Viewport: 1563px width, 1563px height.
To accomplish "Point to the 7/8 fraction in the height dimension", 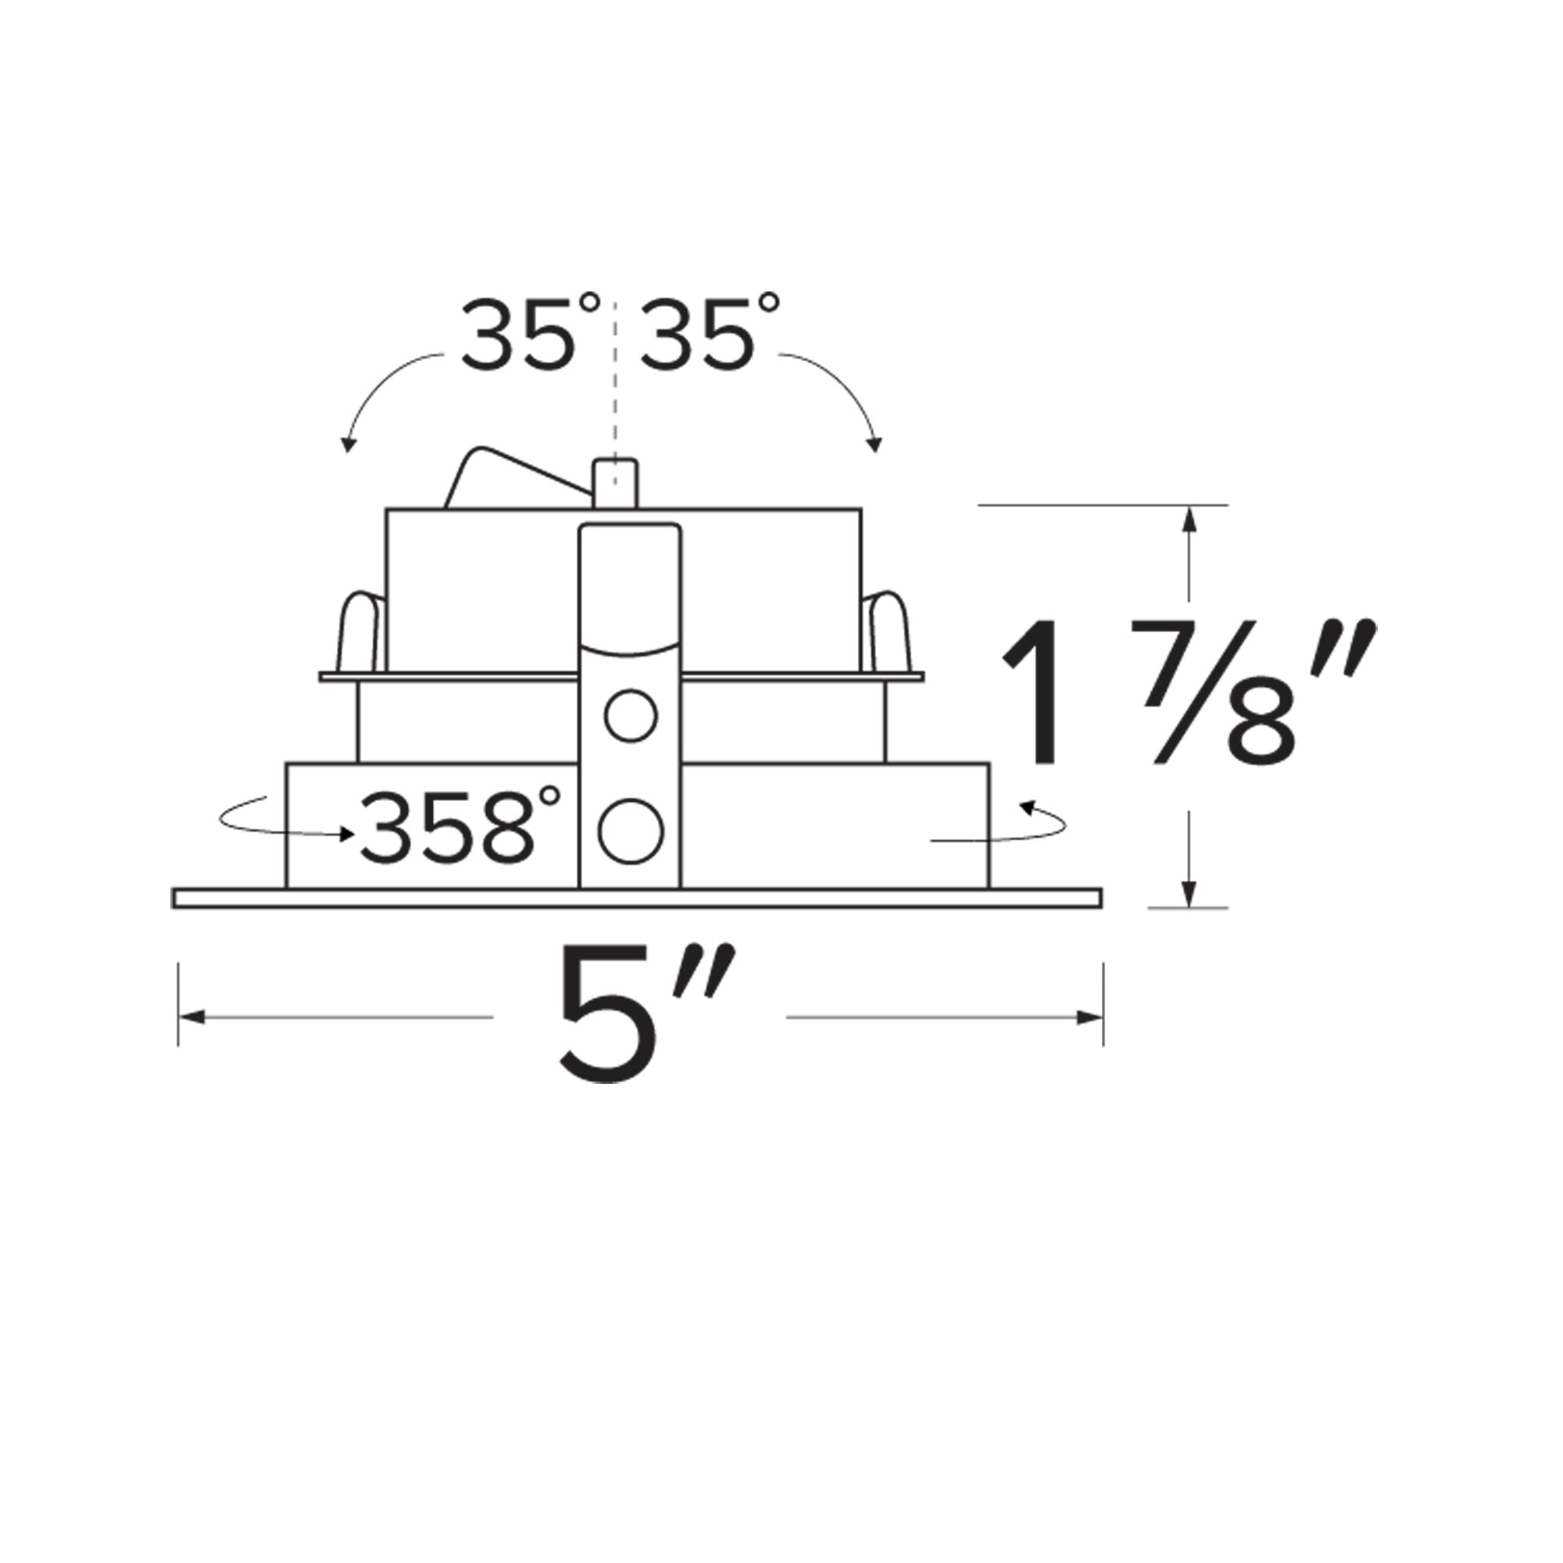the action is click(x=1214, y=692).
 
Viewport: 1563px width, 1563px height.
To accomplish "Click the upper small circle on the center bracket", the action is click(x=631, y=716).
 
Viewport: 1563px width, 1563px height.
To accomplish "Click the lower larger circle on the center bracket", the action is click(x=631, y=831).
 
